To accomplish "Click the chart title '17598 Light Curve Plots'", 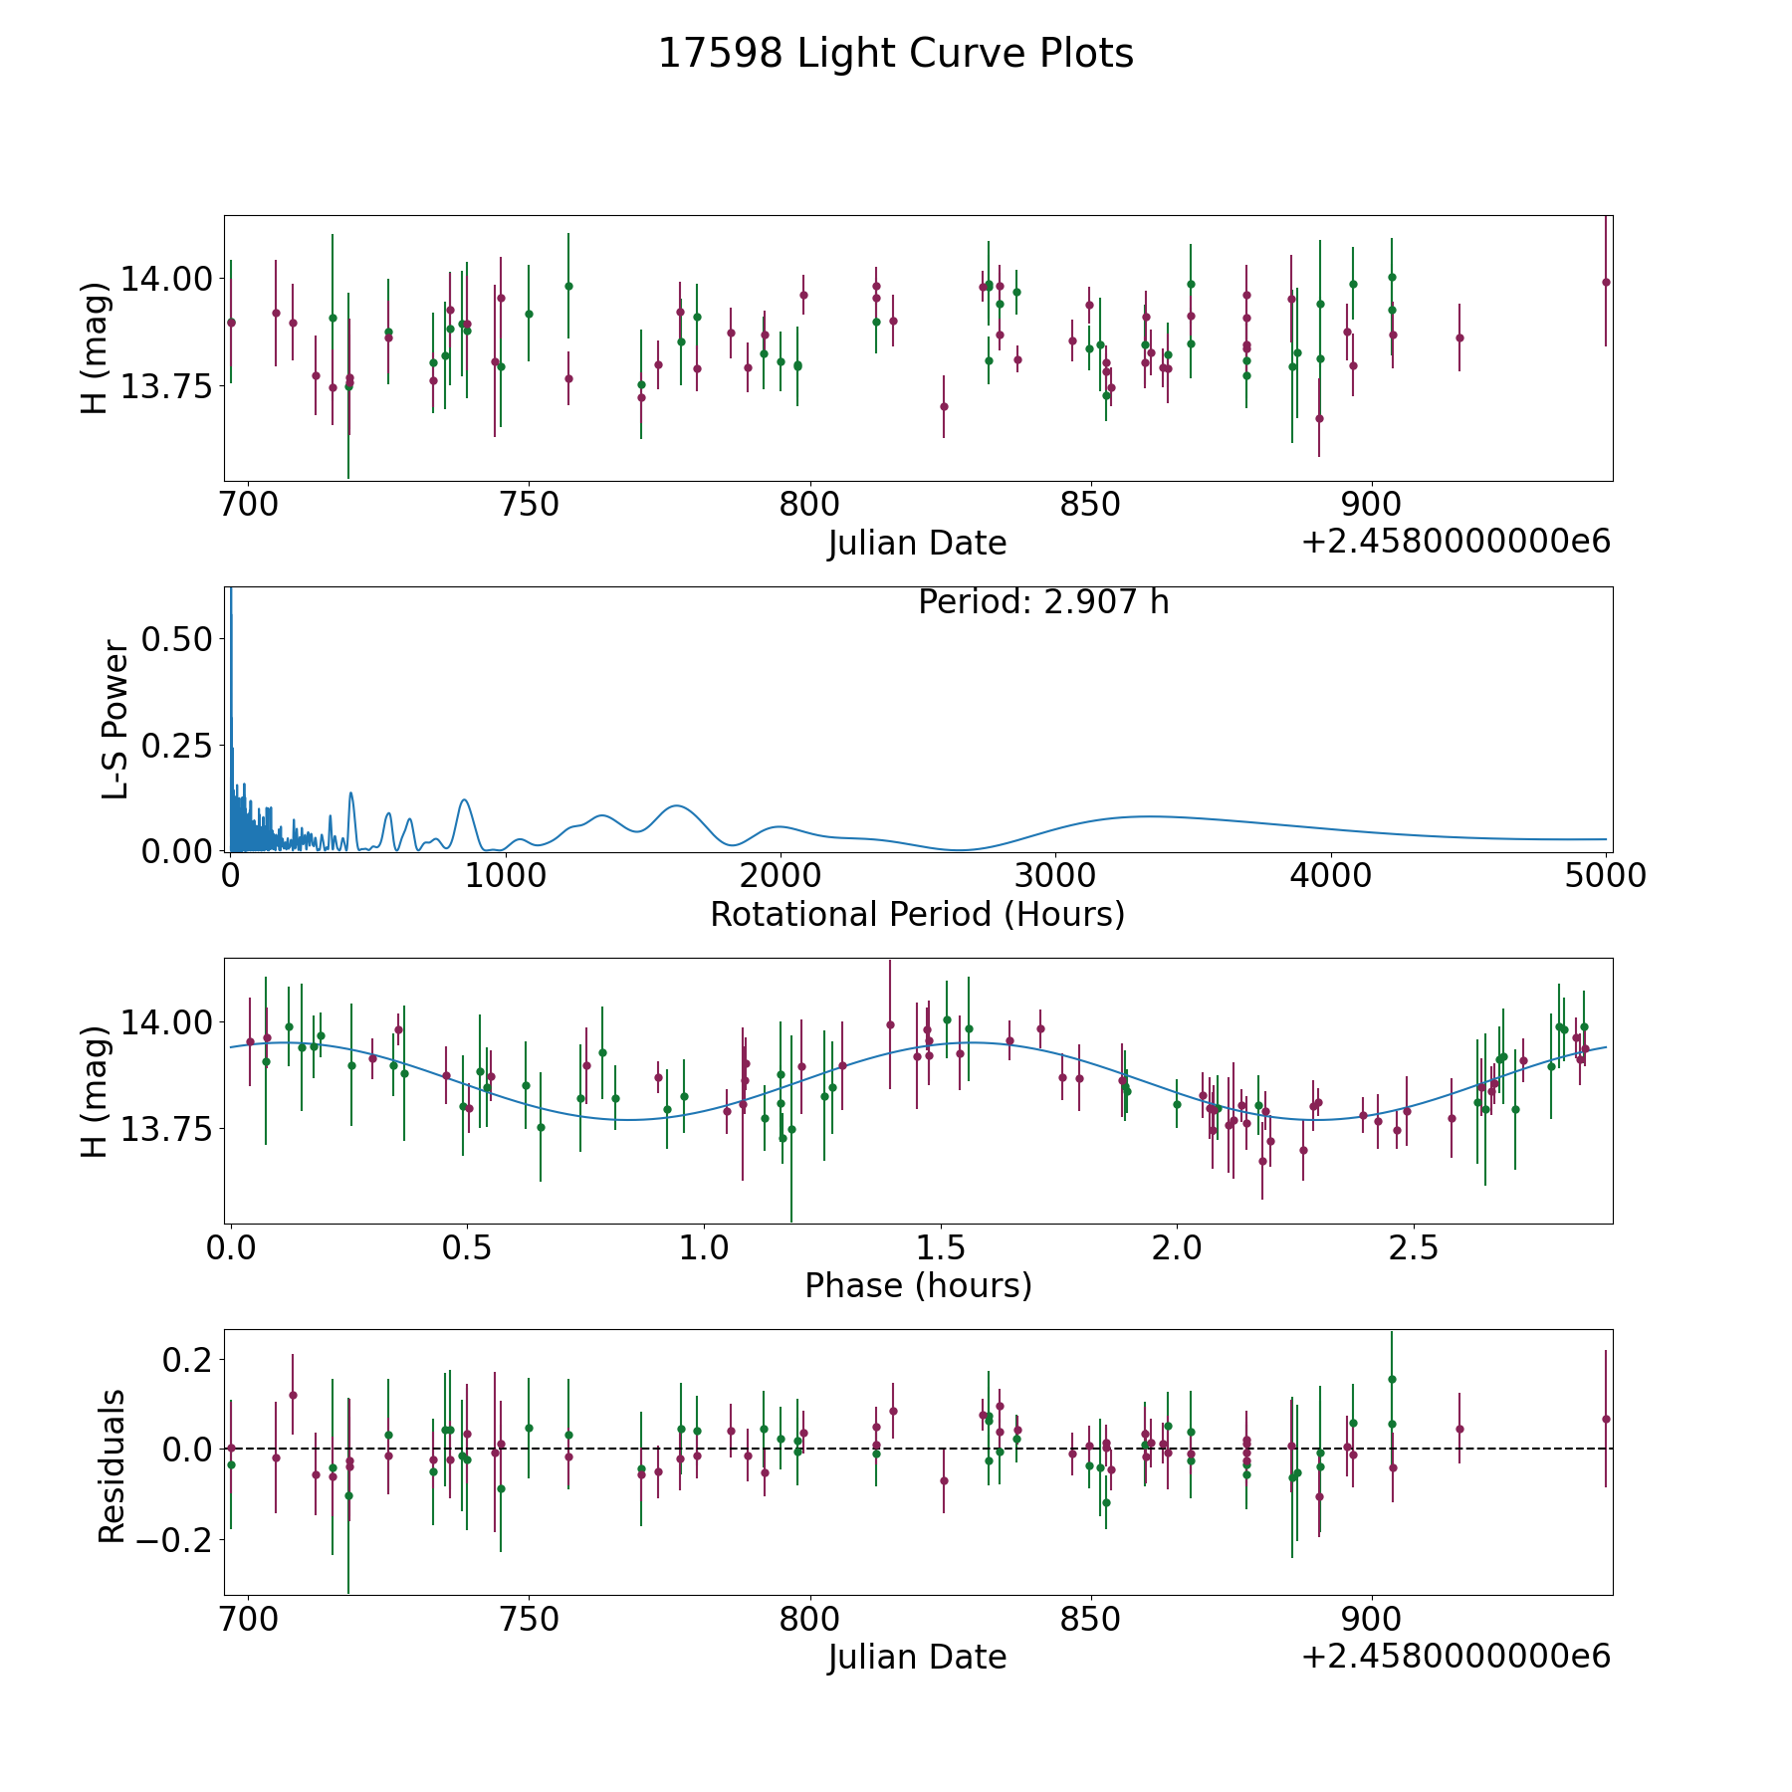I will [895, 54].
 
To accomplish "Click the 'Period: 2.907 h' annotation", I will [1042, 602].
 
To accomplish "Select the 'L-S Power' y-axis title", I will [115, 720].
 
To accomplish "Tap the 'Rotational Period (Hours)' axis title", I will [917, 914].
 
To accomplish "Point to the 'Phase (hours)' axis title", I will [917, 1285].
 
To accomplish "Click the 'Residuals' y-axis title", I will [112, 1466].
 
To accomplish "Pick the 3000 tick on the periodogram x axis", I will [1054, 875].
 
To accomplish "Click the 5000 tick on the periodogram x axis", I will [1605, 875].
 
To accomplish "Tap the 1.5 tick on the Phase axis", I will [941, 1247].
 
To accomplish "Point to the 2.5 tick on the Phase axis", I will [1414, 1247].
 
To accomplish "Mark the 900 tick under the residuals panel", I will [1372, 1619].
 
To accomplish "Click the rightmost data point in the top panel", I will [1605, 282].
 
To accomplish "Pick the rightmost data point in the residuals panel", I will [1605, 1419].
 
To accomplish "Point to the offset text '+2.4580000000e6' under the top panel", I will [1456, 543].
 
